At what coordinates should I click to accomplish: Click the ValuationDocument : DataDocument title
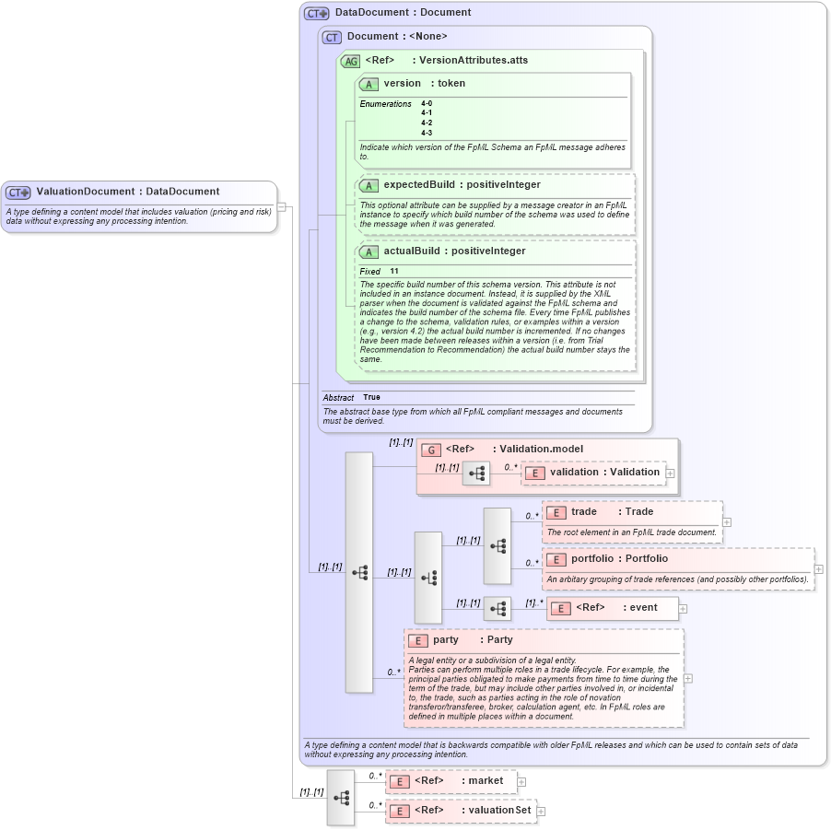coord(127,192)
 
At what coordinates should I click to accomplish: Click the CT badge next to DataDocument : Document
coord(316,13)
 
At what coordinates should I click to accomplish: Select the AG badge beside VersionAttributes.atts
coord(350,61)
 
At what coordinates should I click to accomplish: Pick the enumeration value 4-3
coord(427,133)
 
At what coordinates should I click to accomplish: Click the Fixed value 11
coord(393,272)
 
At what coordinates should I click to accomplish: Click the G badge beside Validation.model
coord(430,450)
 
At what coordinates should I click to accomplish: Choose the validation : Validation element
coord(604,472)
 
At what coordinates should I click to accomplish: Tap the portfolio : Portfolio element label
coord(619,558)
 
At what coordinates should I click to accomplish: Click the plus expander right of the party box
coord(687,678)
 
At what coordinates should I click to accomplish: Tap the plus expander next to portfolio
coord(818,568)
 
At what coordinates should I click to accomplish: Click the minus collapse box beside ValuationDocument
coord(282,206)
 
